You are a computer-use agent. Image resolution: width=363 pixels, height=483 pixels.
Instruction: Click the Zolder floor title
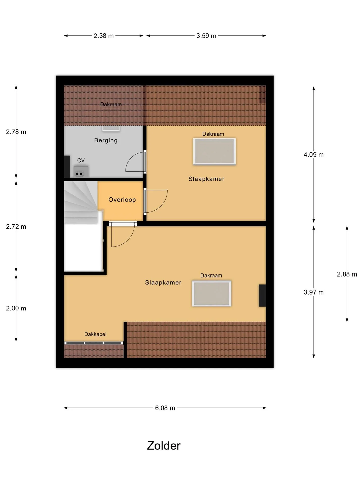click(164, 446)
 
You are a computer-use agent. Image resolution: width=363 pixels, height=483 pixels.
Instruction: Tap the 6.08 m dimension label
click(165, 408)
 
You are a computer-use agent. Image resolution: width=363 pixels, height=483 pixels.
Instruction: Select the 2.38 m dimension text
click(104, 36)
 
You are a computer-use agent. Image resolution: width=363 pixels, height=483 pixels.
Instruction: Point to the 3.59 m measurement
click(206, 36)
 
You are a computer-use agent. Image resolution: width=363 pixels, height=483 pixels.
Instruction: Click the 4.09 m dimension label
click(314, 155)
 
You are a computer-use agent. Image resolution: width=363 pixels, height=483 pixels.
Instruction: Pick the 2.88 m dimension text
click(347, 274)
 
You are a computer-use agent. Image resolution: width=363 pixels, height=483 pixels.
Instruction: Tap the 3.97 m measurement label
click(314, 292)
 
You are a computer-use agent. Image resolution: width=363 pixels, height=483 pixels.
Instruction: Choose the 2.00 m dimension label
click(16, 308)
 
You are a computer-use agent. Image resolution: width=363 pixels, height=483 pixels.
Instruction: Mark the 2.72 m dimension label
click(16, 227)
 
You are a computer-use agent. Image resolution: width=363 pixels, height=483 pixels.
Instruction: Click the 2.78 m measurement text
click(16, 132)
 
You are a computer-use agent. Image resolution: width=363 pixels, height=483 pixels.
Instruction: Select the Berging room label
click(106, 140)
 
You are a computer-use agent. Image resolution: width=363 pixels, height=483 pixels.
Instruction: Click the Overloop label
click(122, 200)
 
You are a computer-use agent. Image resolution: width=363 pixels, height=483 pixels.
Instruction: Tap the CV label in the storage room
click(81, 160)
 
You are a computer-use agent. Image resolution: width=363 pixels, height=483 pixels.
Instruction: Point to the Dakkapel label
click(95, 334)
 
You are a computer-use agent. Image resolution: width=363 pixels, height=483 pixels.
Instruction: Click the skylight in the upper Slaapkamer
click(215, 151)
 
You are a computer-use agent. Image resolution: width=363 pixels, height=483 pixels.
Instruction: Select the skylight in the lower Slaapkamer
click(211, 294)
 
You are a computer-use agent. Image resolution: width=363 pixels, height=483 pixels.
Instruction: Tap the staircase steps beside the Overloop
click(81, 203)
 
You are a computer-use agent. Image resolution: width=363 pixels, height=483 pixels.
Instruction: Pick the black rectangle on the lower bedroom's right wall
click(262, 295)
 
